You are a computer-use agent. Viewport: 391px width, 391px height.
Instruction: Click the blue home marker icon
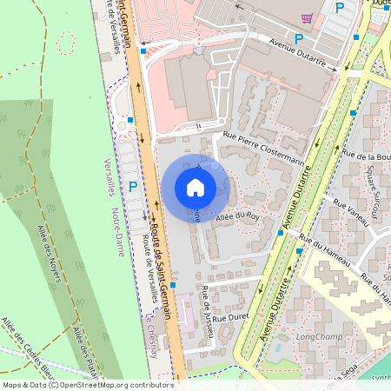click(x=195, y=187)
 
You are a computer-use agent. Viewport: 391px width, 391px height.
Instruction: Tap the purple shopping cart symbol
click(x=306, y=17)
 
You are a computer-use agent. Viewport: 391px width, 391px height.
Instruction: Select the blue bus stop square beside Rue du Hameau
click(x=299, y=251)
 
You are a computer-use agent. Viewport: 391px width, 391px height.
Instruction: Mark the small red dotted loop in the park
click(x=65, y=40)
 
